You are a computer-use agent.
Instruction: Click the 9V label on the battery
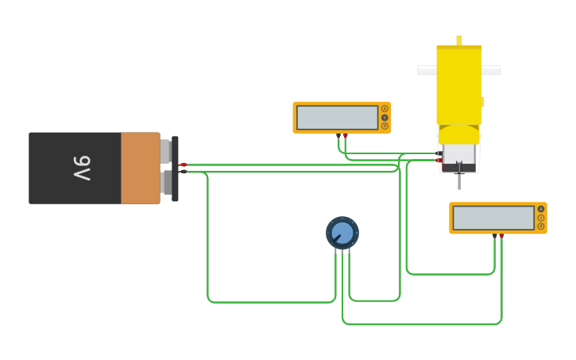click(83, 168)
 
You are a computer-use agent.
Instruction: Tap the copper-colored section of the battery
click(140, 168)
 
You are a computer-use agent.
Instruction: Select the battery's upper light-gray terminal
click(165, 150)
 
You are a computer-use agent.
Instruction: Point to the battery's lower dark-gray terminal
click(165, 183)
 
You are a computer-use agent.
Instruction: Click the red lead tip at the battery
click(183, 165)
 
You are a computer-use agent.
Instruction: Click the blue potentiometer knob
click(342, 233)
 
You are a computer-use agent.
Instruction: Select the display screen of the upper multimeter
click(337, 118)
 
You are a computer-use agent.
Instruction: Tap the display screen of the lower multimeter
click(493, 218)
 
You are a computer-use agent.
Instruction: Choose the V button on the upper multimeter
click(385, 118)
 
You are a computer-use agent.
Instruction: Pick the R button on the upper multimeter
click(385, 126)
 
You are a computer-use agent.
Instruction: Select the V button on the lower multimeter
click(541, 218)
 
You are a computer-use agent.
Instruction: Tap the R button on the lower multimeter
click(541, 226)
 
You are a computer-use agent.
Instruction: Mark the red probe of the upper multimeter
click(345, 136)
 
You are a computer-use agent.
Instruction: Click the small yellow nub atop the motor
click(458, 40)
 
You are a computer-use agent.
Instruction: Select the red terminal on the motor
click(439, 161)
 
